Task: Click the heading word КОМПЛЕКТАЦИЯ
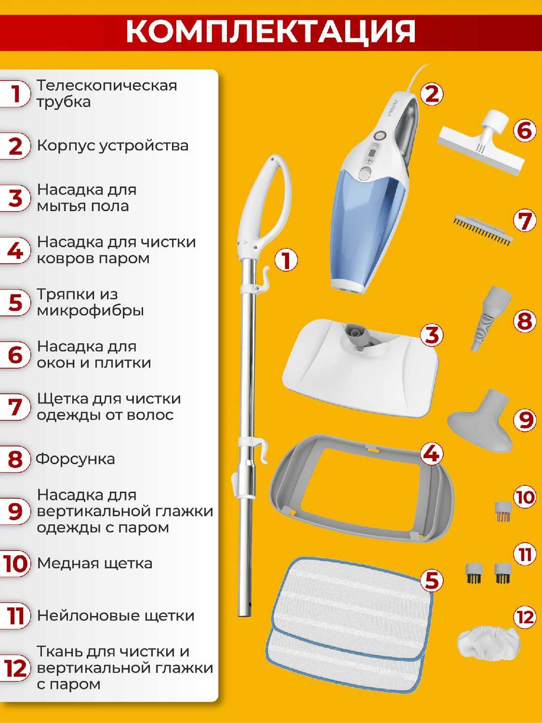[x=270, y=31]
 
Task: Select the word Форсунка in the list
[x=75, y=459]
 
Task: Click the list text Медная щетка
[x=95, y=563]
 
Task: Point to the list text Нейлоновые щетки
[x=116, y=616]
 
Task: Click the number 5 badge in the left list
[x=15, y=303]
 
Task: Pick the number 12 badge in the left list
[x=15, y=669]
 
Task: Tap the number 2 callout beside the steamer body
[x=432, y=94]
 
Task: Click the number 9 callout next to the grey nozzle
[x=525, y=419]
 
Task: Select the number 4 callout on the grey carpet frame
[x=432, y=455]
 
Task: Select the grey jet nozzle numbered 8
[x=490, y=318]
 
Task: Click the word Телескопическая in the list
[x=107, y=86]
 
